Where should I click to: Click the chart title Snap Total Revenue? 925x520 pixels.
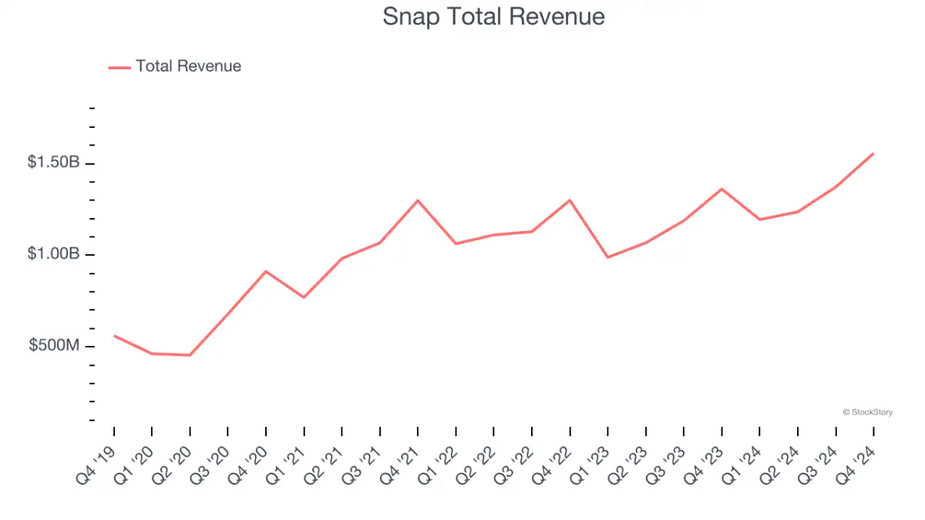click(x=493, y=17)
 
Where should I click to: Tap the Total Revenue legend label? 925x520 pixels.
click(x=188, y=66)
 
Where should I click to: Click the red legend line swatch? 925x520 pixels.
click(x=119, y=67)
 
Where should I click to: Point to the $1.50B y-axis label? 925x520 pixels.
click(x=53, y=163)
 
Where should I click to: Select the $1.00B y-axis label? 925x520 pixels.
click(x=53, y=254)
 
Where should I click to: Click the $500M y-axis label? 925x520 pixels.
click(x=54, y=346)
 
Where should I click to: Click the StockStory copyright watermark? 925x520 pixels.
click(x=868, y=413)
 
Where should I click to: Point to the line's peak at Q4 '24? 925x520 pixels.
click(x=873, y=153)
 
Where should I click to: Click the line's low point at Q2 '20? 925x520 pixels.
click(x=190, y=355)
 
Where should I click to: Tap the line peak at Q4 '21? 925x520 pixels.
click(x=418, y=200)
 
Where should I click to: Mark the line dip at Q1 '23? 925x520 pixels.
click(x=607, y=257)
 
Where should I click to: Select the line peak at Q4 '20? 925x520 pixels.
click(x=266, y=271)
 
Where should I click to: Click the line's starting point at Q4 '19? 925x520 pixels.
click(x=114, y=335)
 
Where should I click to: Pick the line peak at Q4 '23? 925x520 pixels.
click(x=721, y=189)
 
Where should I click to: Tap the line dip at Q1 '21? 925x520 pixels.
click(x=304, y=297)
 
